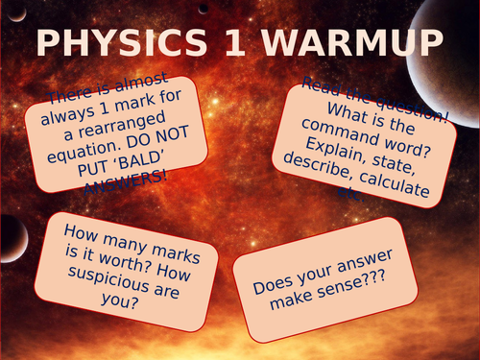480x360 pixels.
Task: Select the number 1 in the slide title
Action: tap(252, 44)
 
